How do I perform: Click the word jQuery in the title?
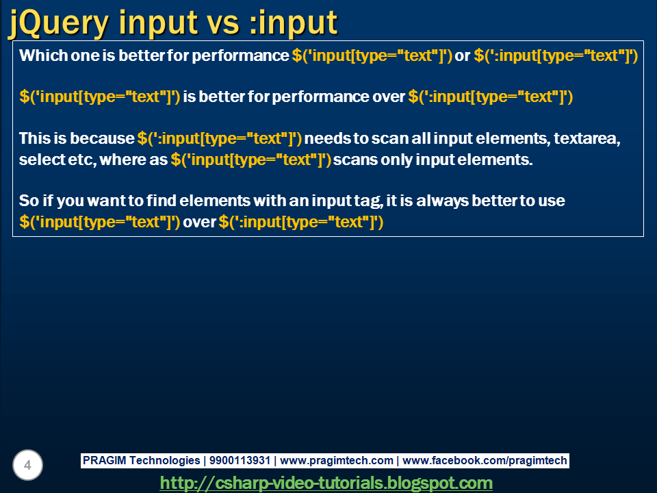(x=58, y=23)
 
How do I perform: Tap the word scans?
(x=357, y=160)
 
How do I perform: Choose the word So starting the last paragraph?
(x=28, y=201)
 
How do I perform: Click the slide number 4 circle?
(x=27, y=466)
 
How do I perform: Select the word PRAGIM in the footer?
(x=103, y=461)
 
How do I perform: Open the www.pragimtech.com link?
(x=337, y=461)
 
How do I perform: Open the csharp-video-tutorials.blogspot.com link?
(x=326, y=483)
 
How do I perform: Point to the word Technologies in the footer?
(x=164, y=461)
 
